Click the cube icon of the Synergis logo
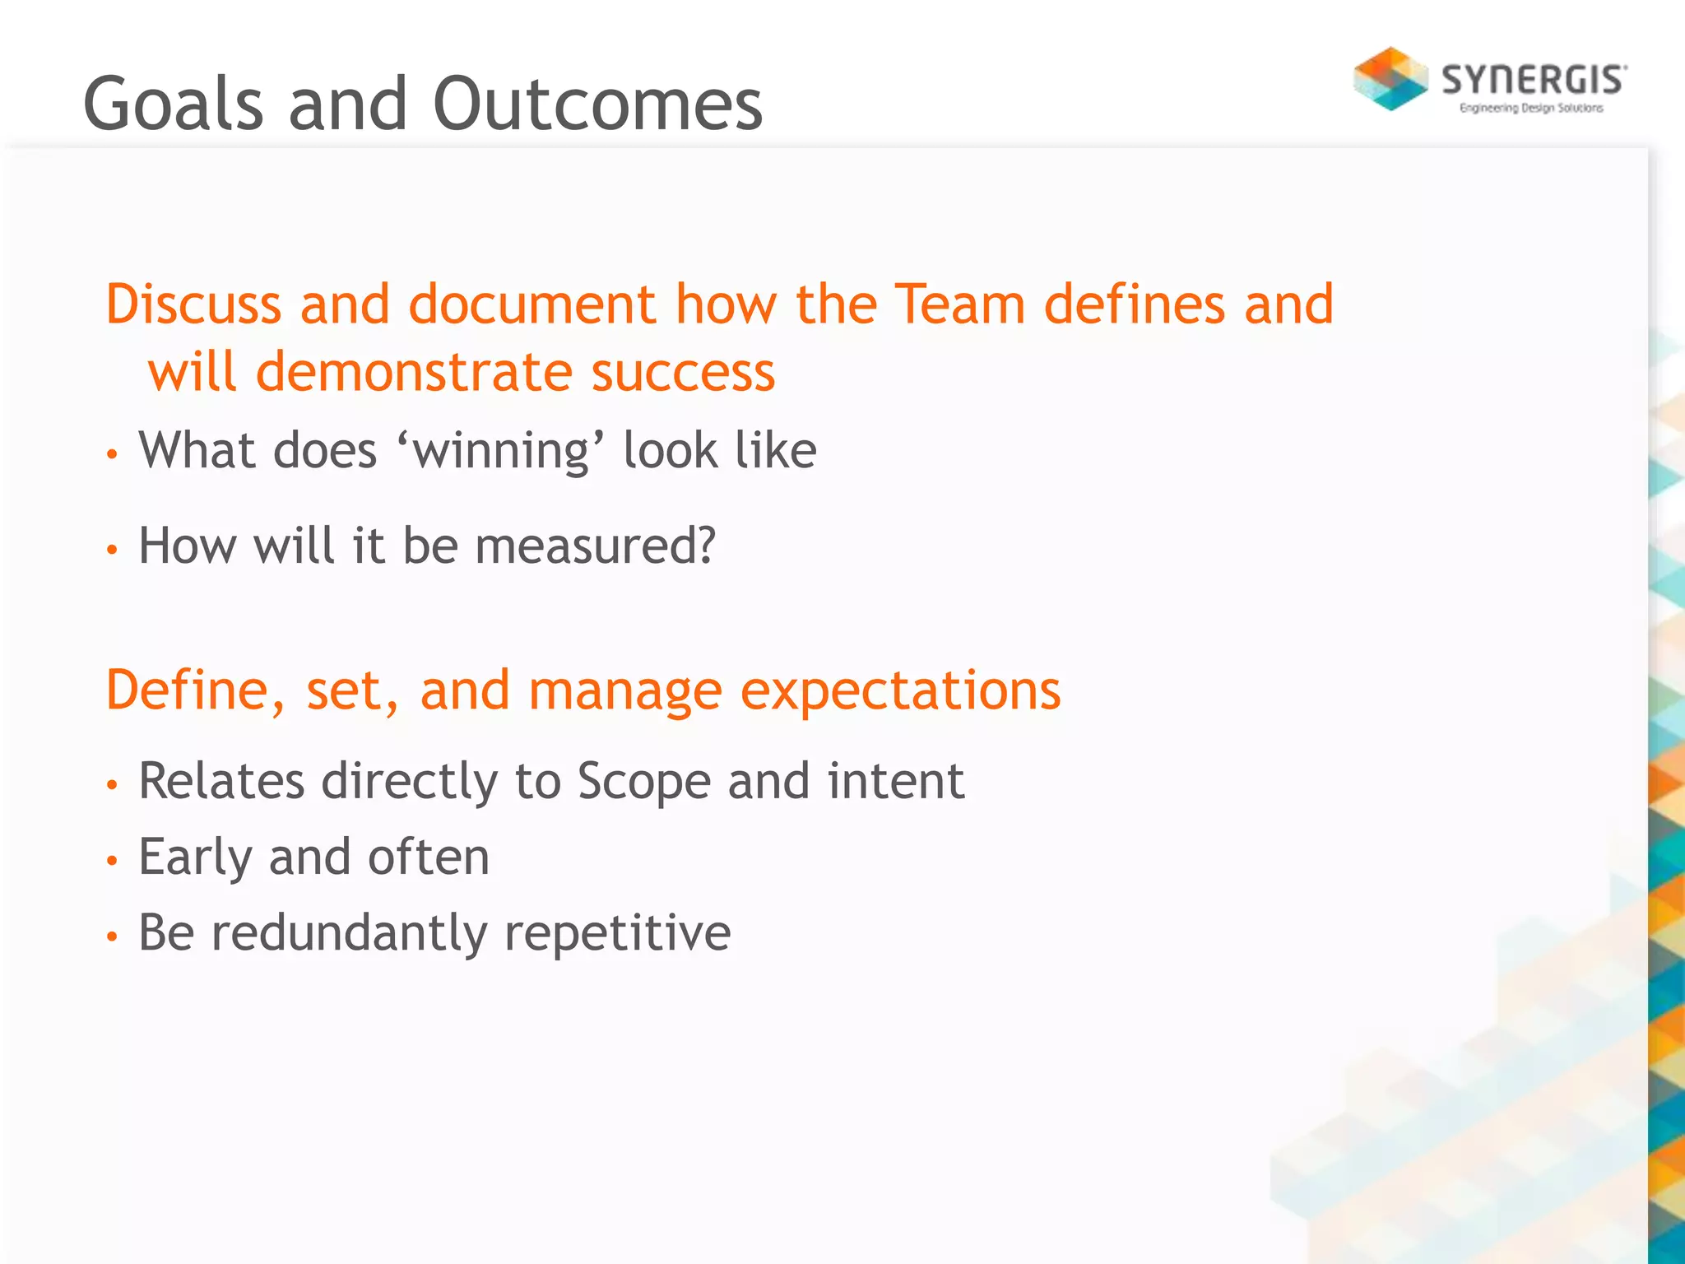(1390, 79)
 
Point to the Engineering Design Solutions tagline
(1531, 108)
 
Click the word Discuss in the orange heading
(193, 304)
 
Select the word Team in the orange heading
(959, 304)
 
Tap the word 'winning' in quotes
(500, 451)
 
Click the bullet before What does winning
(113, 453)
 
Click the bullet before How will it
(113, 549)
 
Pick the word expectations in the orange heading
(901, 691)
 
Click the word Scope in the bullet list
(643, 782)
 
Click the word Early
(195, 858)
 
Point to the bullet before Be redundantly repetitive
(113, 936)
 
